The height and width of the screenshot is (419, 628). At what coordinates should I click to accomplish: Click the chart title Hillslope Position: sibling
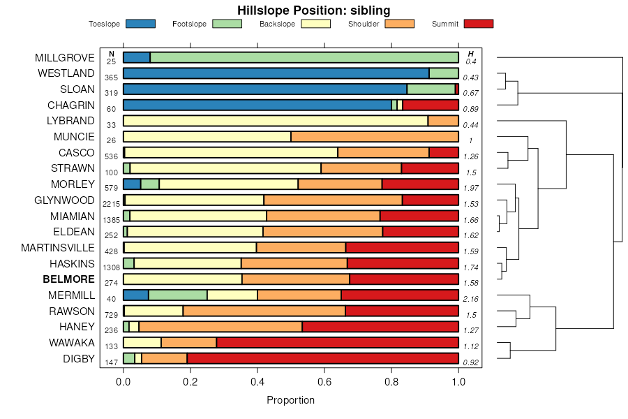[x=313, y=10]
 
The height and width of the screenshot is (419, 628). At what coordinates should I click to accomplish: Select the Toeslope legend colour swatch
[x=140, y=24]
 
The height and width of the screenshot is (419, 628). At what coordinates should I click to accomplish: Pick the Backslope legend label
[x=277, y=24]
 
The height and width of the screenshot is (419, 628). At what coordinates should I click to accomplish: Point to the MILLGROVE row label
[x=65, y=57]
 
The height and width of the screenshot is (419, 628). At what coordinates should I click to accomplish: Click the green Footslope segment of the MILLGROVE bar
[x=304, y=57]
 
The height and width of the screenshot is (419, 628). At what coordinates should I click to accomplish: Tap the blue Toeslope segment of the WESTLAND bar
[x=276, y=73]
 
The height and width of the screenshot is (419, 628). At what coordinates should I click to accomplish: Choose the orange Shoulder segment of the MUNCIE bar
[x=375, y=136]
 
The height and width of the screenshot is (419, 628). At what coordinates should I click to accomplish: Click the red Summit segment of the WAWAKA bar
[x=337, y=343]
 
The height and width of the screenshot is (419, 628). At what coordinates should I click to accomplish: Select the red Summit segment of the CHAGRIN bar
[x=431, y=105]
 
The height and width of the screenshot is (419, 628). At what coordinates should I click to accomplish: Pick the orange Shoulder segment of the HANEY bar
[x=220, y=327]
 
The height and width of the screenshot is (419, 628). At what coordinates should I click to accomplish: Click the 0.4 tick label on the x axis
[x=257, y=382]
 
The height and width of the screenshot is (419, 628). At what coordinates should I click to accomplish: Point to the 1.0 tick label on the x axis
[x=458, y=382]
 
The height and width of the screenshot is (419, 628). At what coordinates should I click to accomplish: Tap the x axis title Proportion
[x=291, y=400]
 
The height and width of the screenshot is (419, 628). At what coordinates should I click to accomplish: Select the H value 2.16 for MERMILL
[x=471, y=298]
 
